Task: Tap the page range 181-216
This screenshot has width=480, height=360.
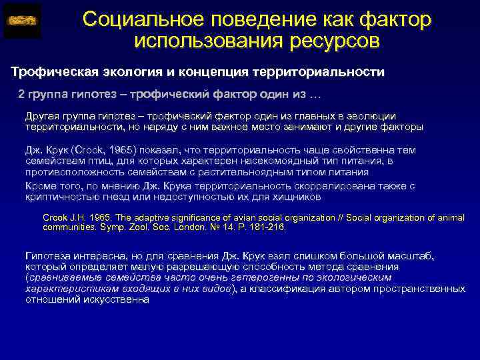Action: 267,227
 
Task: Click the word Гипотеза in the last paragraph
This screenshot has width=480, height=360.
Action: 49,255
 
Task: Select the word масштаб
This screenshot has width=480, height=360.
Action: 411,255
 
